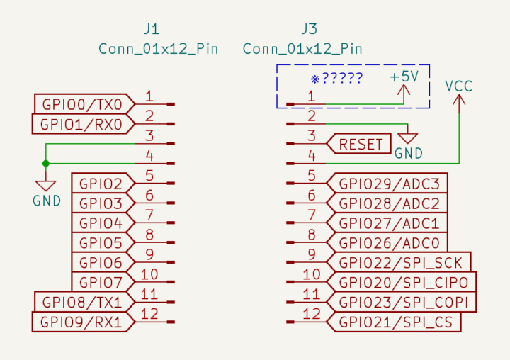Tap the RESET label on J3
tap(361, 145)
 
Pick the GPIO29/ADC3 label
tap(390, 184)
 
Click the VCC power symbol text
tap(459, 86)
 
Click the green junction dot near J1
tap(46, 164)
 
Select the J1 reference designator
tap(151, 30)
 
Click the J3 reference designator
tap(309, 30)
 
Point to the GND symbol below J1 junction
tap(46, 186)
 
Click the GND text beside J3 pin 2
tap(409, 153)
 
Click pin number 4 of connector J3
tap(312, 155)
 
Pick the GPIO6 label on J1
tap(101, 263)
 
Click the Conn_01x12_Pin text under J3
tap(302, 49)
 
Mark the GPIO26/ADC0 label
tap(390, 243)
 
